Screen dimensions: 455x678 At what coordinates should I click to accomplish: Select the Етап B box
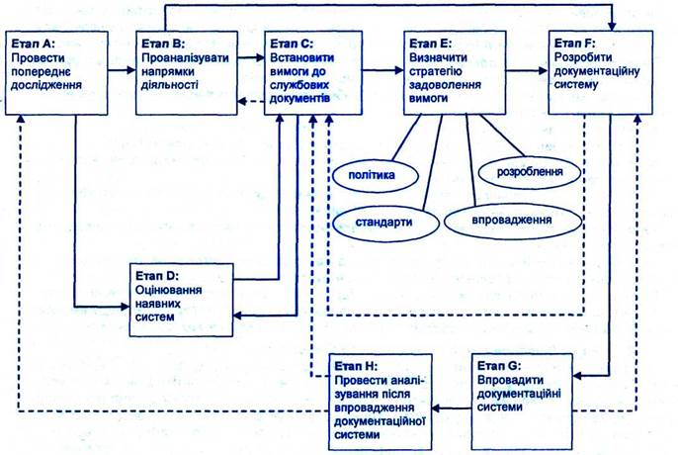click(x=187, y=75)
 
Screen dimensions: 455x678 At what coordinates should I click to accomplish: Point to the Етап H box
click(x=379, y=395)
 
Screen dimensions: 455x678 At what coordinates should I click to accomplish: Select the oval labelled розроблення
click(x=530, y=171)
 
